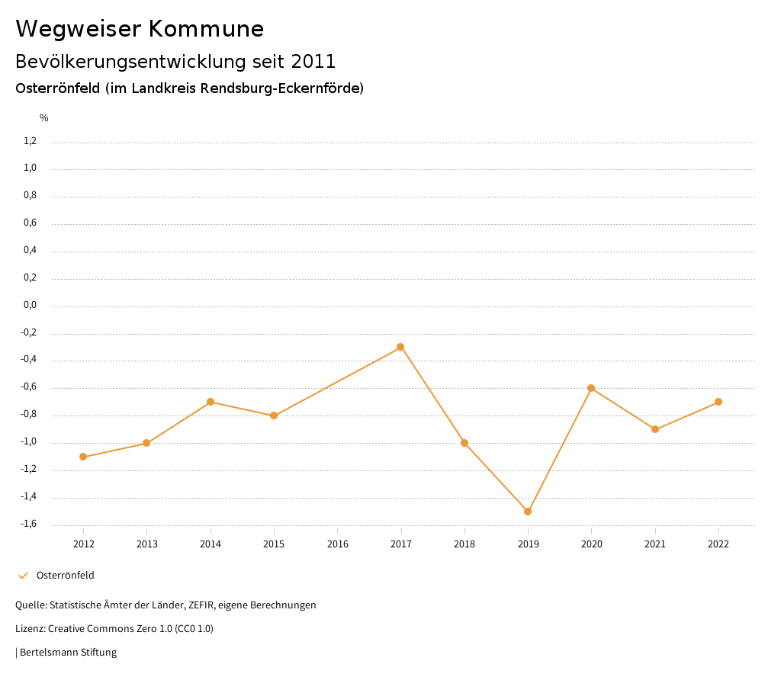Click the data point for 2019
pyautogui.click(x=528, y=512)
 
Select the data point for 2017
pyautogui.click(x=400, y=347)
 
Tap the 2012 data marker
pyautogui.click(x=83, y=457)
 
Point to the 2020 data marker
pyautogui.click(x=591, y=388)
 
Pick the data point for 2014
pyautogui.click(x=211, y=402)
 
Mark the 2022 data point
pyautogui.click(x=718, y=402)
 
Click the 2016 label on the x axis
pyautogui.click(x=337, y=544)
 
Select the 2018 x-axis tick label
pyautogui.click(x=464, y=544)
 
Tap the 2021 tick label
pyautogui.click(x=655, y=544)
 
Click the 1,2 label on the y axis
pyautogui.click(x=30, y=141)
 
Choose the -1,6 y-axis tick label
pyautogui.click(x=28, y=524)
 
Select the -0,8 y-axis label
pyautogui.click(x=28, y=415)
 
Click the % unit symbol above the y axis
pyautogui.click(x=44, y=118)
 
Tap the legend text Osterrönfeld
pyautogui.click(x=66, y=576)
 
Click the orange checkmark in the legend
pyautogui.click(x=23, y=576)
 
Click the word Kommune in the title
pyautogui.click(x=206, y=29)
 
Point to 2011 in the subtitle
pyautogui.click(x=313, y=61)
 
